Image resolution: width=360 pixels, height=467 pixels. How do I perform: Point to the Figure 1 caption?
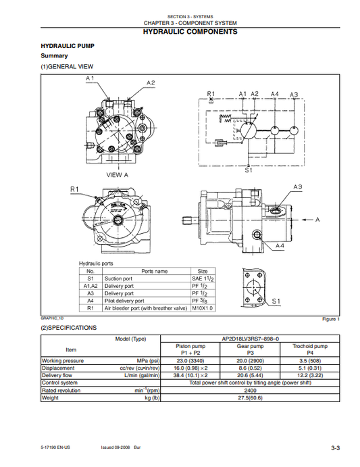[331, 319]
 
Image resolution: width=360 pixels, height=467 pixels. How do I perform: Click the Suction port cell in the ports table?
[119, 278]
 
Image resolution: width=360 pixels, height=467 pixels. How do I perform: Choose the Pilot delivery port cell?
[124, 301]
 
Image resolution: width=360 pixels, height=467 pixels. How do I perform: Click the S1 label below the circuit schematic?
[249, 172]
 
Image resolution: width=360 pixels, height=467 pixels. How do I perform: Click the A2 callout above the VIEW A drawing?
[151, 82]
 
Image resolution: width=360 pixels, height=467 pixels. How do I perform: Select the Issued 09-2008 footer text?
[115, 447]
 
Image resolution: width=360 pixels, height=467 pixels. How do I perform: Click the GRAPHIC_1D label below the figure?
[52, 318]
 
